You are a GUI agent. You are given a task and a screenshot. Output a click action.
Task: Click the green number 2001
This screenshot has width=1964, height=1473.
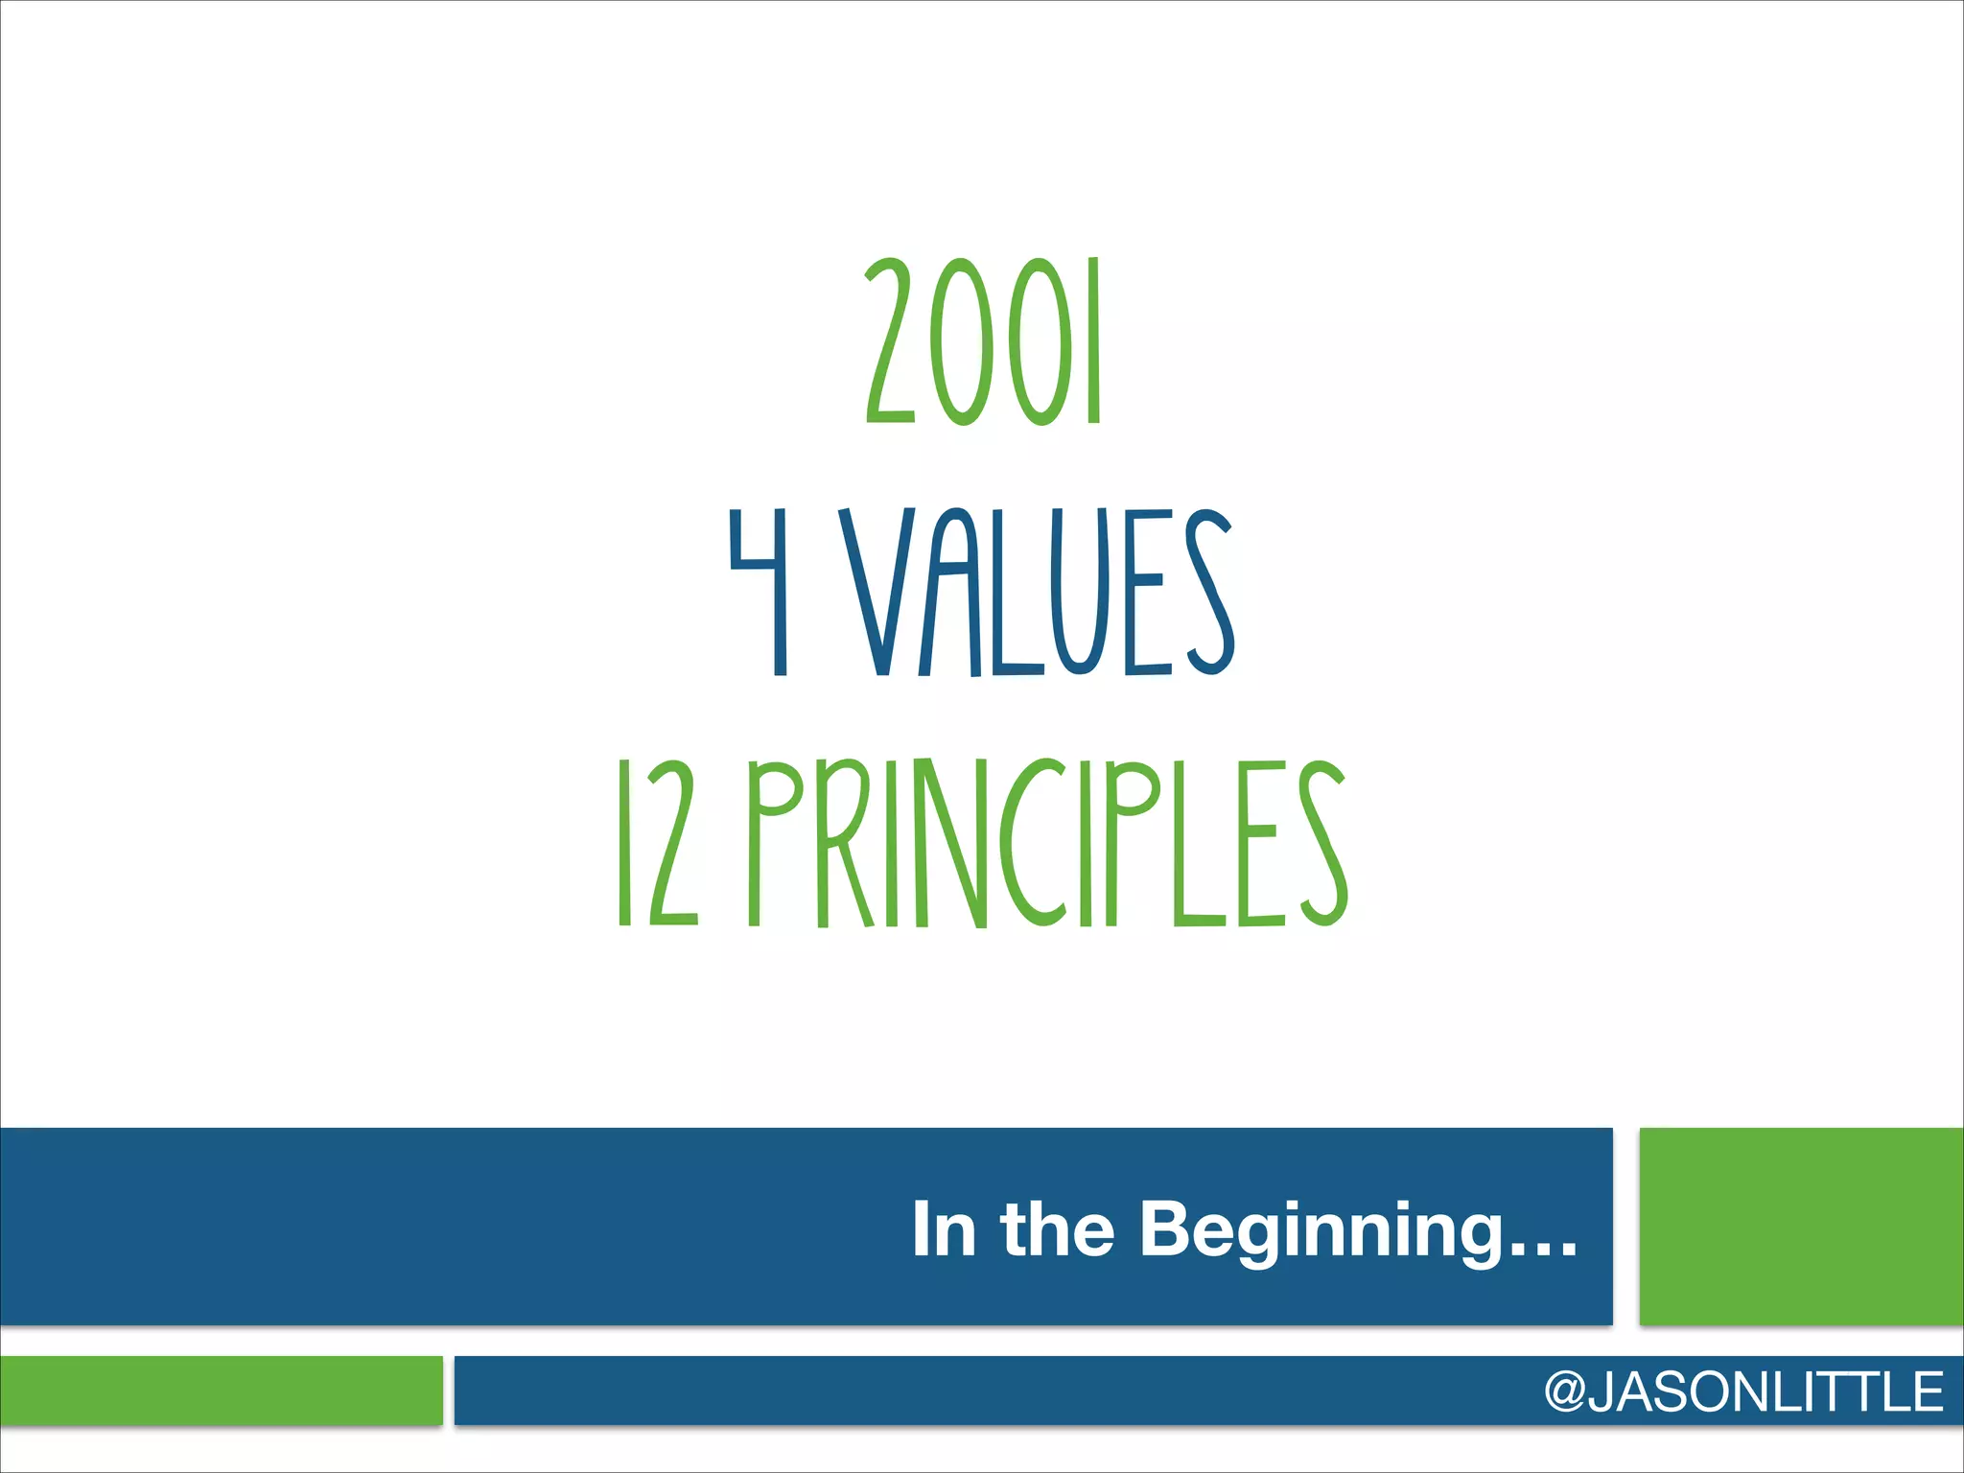click(x=984, y=342)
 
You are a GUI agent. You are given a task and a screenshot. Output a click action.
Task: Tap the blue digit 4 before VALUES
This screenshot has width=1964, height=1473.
click(x=760, y=592)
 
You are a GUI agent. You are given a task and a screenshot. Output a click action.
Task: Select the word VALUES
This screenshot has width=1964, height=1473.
click(x=1037, y=592)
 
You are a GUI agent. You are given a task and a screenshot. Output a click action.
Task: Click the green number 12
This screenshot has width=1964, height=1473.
click(x=658, y=843)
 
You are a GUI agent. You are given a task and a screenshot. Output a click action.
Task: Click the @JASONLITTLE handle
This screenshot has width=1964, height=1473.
click(x=1743, y=1391)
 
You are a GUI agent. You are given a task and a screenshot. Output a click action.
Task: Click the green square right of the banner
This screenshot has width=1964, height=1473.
click(x=1801, y=1227)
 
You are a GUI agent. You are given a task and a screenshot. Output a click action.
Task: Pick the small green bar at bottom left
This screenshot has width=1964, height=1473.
click(x=221, y=1390)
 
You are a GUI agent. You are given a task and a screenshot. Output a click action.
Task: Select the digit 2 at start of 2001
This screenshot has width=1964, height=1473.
click(x=892, y=342)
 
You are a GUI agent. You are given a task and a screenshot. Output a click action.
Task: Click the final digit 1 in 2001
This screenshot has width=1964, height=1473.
click(x=1093, y=342)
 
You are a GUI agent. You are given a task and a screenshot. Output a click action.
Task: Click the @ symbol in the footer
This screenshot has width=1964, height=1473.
click(x=1565, y=1392)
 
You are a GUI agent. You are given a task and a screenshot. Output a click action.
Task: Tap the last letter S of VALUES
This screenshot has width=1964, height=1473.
click(x=1208, y=592)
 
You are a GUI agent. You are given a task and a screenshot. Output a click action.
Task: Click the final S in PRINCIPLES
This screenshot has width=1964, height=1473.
click(x=1323, y=843)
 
